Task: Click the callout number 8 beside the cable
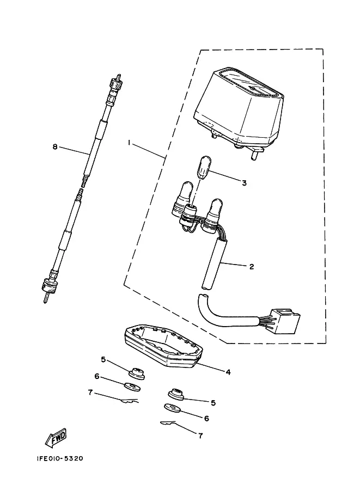[55, 147]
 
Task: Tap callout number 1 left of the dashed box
[129, 143]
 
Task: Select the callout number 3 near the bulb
[244, 183]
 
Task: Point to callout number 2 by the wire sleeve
[252, 267]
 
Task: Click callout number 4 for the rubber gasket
[228, 372]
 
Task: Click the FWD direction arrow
[56, 438]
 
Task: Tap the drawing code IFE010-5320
[59, 459]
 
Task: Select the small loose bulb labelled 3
[202, 167]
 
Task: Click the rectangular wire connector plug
[286, 321]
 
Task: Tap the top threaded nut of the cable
[116, 84]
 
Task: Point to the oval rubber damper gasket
[163, 348]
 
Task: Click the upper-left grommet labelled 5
[137, 373]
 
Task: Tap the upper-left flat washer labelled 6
[132, 386]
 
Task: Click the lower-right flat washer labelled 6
[172, 408]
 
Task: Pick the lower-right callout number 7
[200, 436]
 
